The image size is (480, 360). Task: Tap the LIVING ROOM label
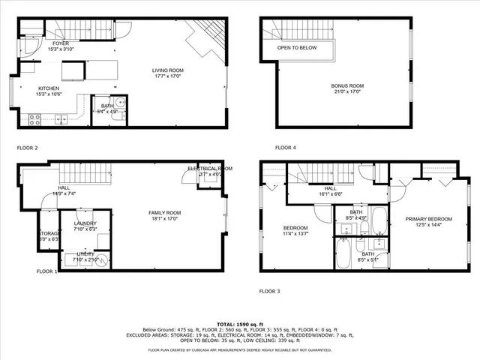(x=168, y=70)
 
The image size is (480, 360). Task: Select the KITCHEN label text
(x=48, y=88)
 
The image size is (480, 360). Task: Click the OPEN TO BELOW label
(x=297, y=48)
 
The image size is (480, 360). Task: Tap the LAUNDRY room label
(x=85, y=224)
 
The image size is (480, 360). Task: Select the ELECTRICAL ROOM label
(x=210, y=169)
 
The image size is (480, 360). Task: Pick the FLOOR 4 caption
(x=285, y=147)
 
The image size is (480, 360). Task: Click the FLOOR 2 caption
(x=26, y=148)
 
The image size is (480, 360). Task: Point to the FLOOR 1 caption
(x=46, y=271)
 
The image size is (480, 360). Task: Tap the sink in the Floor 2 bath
(x=121, y=103)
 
